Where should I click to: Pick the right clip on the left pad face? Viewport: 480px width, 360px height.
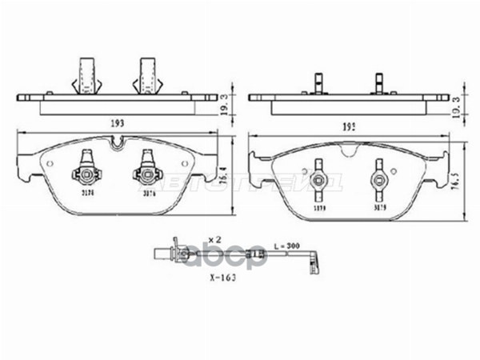coord(148,170)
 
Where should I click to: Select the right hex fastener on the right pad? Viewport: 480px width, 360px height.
coord(379,179)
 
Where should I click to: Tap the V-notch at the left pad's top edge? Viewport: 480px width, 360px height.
coord(118,144)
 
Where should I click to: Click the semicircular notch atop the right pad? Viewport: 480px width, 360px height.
coord(349,150)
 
